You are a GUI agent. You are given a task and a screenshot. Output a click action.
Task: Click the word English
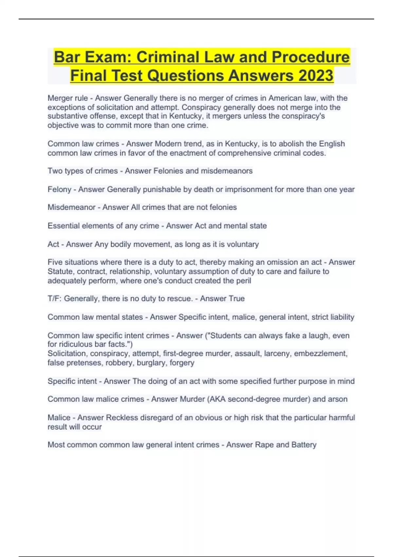pos(332,144)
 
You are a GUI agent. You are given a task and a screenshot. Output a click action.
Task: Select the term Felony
pos(59,189)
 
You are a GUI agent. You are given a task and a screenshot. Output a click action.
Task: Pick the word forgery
pos(182,363)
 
